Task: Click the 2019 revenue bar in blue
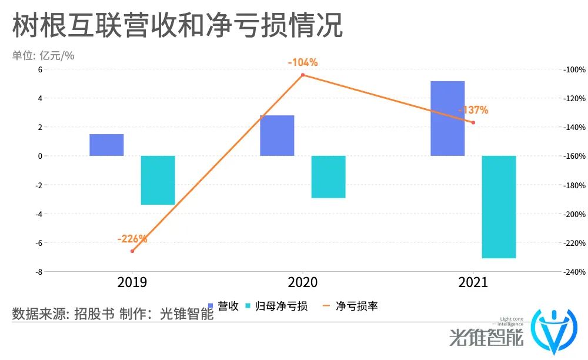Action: pos(106,145)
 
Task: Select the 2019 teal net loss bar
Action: pos(158,180)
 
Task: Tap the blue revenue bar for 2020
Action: pos(277,135)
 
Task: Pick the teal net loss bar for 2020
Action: pos(328,176)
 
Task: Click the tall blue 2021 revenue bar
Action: pos(447,118)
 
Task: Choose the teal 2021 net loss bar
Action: pos(499,206)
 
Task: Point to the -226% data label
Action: pos(132,239)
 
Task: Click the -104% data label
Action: pos(302,62)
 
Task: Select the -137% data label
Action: pos(473,110)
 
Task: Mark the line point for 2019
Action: pos(132,251)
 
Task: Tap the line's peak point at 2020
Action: pos(303,75)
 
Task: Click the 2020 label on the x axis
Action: pos(303,282)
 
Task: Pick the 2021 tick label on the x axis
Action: pos(473,282)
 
